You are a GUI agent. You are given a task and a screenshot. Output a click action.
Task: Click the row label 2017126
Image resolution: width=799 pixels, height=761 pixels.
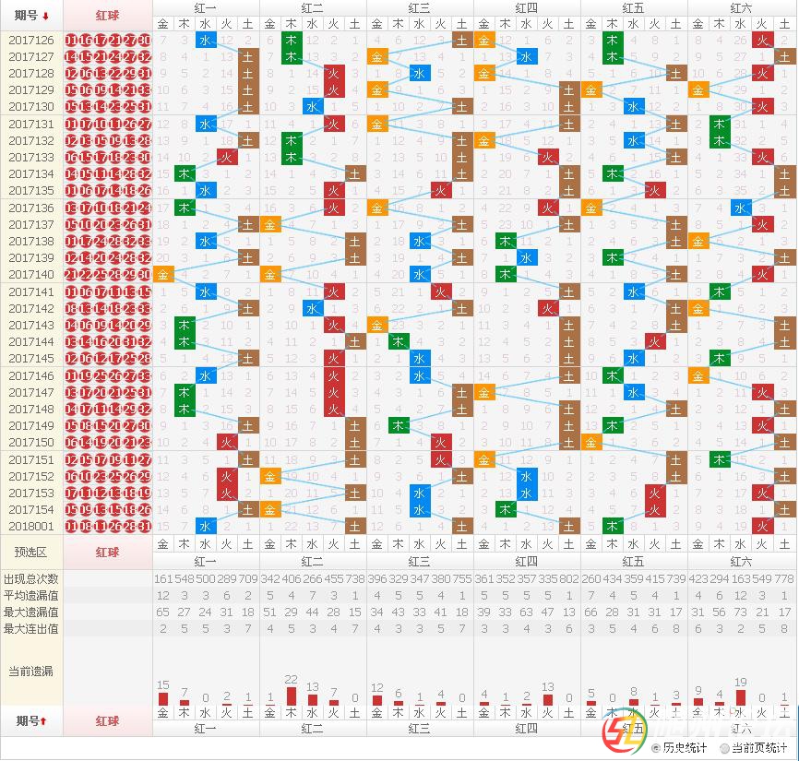point(31,40)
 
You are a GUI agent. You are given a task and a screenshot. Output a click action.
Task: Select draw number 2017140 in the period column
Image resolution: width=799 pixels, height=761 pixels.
point(31,274)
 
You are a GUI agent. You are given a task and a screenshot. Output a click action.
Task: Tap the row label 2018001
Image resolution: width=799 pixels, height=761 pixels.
point(31,526)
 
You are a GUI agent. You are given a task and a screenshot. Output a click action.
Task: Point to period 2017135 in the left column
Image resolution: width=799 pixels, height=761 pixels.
point(31,191)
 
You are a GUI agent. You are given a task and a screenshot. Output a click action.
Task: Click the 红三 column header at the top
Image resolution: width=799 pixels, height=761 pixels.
point(420,7)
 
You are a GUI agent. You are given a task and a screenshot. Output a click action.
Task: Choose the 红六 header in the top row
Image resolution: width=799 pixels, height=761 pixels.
point(741,7)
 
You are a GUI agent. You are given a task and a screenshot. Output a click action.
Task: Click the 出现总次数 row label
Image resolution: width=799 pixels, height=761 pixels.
point(31,578)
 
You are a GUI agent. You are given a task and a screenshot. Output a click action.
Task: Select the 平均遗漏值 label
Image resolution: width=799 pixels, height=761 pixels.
point(31,595)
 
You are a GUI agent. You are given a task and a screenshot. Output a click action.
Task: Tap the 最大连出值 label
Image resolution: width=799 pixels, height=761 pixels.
point(31,628)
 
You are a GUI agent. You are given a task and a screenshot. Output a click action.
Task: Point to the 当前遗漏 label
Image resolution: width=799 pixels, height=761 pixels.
point(31,671)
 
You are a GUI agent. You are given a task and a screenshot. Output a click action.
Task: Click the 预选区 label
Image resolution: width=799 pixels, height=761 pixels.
point(31,552)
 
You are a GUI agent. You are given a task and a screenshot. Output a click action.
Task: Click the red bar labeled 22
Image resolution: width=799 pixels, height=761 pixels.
point(291,696)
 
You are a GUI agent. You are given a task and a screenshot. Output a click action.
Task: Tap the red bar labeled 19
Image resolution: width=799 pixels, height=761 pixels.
point(741,697)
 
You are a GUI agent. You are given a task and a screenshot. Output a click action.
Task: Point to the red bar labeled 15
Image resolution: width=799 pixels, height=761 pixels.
point(163,699)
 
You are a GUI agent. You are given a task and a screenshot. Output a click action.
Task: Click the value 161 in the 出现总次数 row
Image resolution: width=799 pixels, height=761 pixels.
point(163,578)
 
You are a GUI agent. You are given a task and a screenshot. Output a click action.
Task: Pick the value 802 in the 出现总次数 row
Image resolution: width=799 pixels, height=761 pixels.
point(569,578)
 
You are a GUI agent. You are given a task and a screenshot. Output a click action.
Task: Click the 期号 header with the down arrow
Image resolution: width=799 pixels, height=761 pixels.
point(31,15)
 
